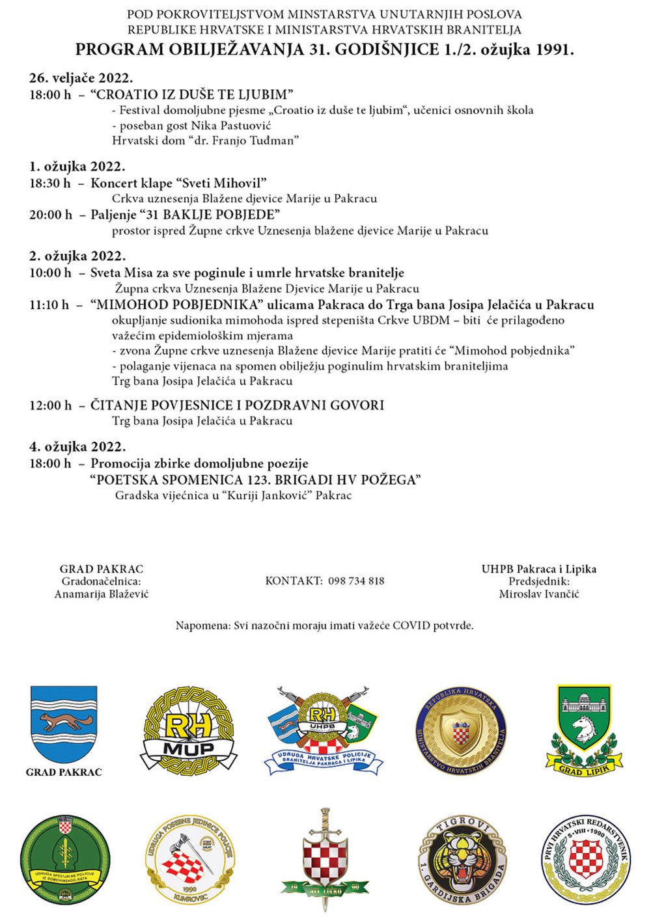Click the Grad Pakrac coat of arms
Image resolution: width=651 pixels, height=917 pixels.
coord(64,724)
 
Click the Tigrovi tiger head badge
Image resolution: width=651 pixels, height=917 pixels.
coord(462,860)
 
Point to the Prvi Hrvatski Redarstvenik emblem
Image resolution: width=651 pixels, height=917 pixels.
coord(586,860)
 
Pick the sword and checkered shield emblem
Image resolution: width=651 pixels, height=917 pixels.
coord(324,860)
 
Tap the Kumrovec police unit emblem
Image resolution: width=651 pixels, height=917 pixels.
coord(189,860)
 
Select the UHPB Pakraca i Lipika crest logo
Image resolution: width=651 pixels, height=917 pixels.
coord(324,730)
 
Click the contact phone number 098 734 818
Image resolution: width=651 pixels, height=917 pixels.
coord(356,581)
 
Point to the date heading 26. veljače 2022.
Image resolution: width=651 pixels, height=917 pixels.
coord(81,78)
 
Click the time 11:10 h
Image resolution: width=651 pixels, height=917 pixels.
coord(49,305)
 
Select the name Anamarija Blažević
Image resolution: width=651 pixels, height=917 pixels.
coord(102,594)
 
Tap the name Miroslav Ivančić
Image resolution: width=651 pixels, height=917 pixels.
coord(539,594)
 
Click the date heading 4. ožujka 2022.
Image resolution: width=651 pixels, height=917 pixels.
coord(77,446)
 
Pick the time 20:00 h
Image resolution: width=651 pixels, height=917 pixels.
coord(51,215)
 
